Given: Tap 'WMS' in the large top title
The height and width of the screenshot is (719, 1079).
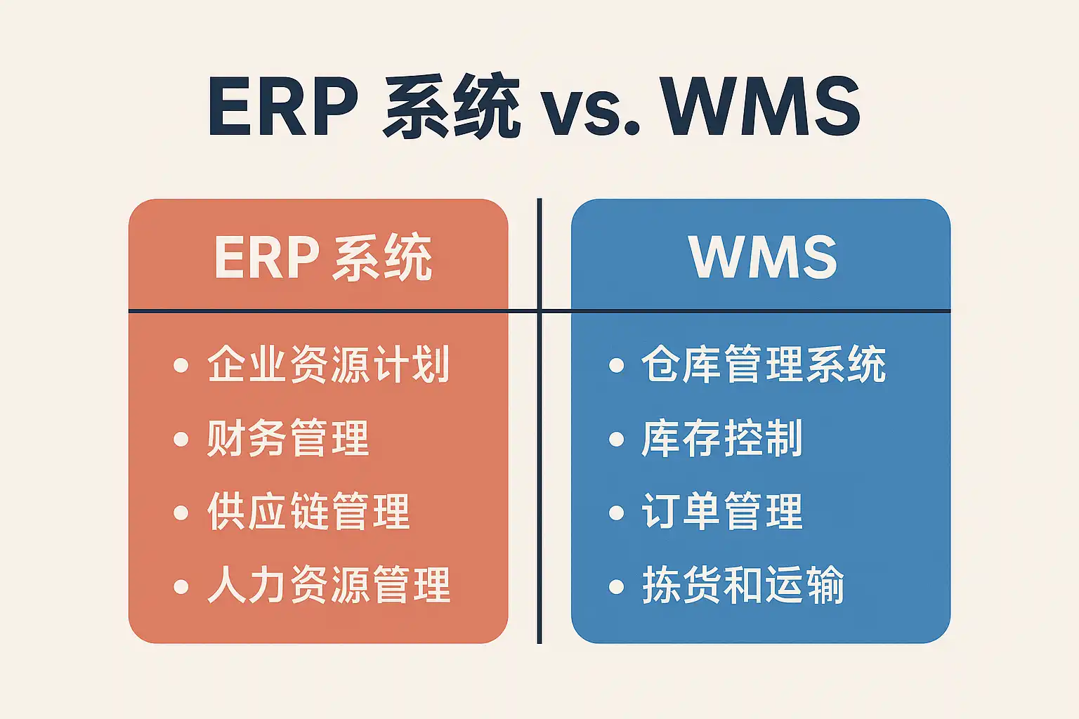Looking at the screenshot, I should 761,109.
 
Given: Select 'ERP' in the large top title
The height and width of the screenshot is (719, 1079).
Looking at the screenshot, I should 283,109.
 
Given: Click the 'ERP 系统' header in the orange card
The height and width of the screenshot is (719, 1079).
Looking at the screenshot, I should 322,258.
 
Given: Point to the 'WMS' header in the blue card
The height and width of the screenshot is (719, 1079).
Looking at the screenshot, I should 763,257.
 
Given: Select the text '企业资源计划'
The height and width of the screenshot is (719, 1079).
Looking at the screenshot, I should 328,364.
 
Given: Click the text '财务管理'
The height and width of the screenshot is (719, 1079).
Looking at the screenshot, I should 287,439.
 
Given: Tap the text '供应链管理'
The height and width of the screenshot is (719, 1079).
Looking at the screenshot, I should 308,512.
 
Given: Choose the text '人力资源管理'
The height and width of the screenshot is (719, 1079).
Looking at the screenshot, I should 328,586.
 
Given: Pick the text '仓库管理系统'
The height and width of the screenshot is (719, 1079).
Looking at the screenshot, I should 764,364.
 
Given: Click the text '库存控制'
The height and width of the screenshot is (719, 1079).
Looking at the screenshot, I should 722,439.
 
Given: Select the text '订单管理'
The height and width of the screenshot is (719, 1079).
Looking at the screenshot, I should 722,512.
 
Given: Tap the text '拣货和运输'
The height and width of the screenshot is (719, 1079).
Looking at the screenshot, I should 743,586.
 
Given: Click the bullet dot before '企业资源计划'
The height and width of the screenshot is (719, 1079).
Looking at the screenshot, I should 181,366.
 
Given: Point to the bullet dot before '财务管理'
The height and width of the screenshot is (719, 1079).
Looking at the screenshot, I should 181,440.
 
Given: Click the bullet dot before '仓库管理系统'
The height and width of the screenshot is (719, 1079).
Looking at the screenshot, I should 616,366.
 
